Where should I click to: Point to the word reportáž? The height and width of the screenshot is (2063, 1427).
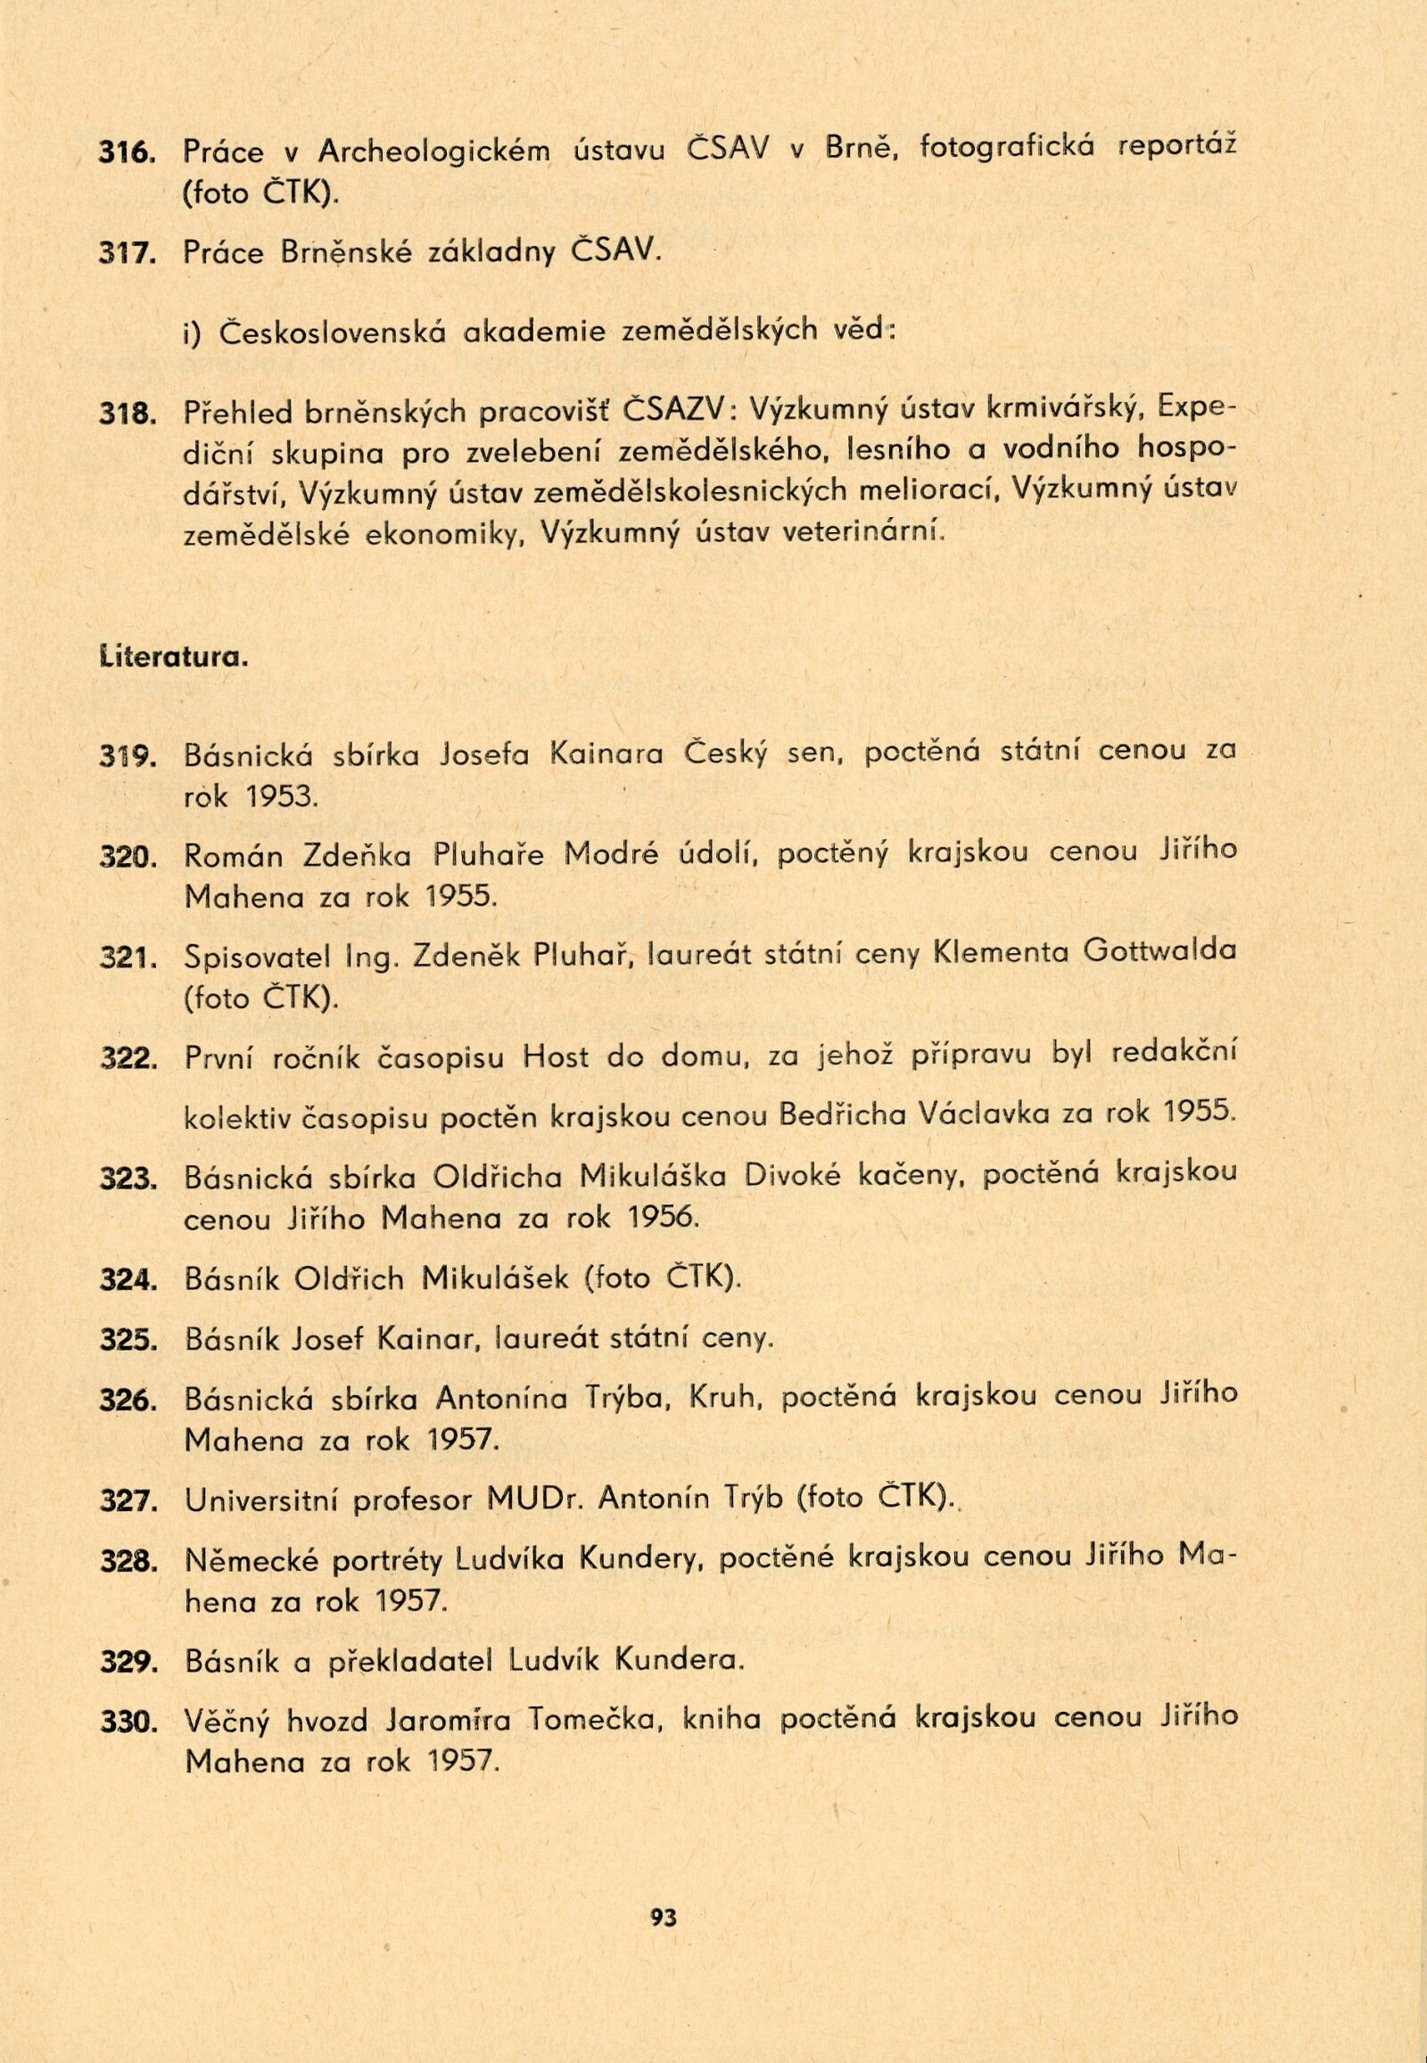click(1179, 149)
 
